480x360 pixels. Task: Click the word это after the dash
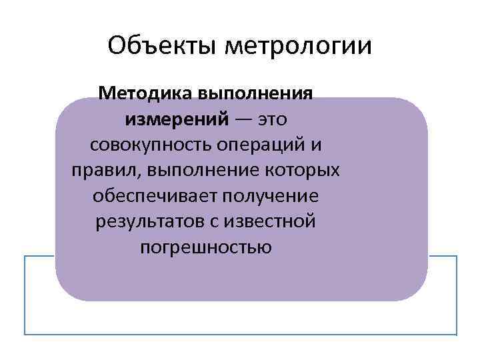(x=268, y=119)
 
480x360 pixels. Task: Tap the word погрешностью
(x=206, y=247)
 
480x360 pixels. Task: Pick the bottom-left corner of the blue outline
(x=25, y=333)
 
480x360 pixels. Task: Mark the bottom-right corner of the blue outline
(x=457, y=333)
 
